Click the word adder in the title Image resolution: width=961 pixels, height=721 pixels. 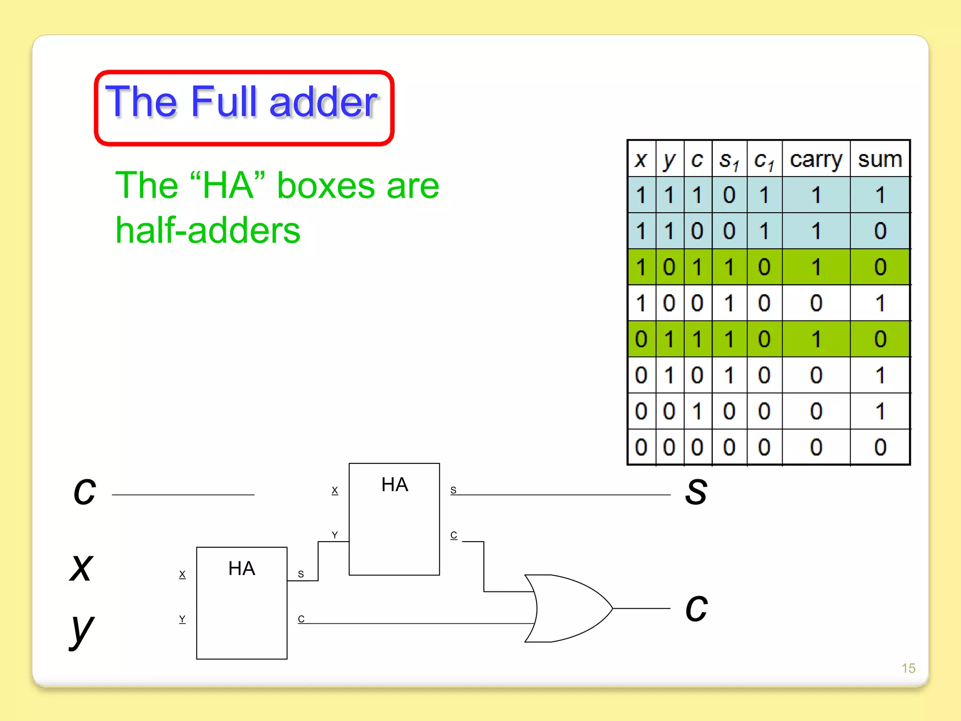coord(323,102)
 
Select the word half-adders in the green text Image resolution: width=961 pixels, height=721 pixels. coord(208,230)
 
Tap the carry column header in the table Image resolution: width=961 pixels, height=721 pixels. coord(816,160)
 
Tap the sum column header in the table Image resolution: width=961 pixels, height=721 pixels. coord(880,159)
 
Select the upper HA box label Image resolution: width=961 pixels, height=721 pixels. coord(395,484)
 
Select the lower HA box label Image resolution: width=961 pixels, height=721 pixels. coord(242,568)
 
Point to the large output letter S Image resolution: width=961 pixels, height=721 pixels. coord(696,492)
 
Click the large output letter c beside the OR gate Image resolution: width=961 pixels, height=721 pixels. coord(696,608)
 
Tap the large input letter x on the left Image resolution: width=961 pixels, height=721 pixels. coord(82,568)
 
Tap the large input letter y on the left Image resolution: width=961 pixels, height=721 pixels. coord(82,630)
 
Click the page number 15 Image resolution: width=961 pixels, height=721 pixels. coord(908,668)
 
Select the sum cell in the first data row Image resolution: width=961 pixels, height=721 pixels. coord(880,195)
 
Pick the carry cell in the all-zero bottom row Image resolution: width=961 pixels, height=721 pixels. coord(816,447)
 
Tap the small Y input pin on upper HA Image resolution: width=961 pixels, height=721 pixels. coord(335,535)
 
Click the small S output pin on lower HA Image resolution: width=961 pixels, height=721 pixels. coord(301,574)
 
